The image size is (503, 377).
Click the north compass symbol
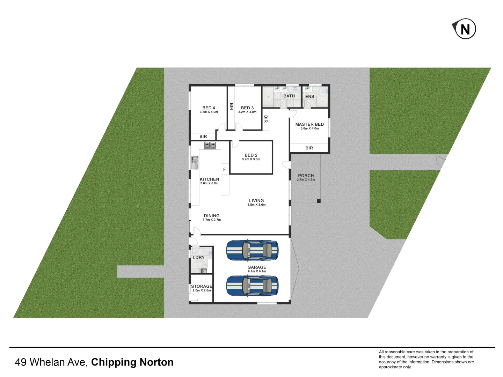click(465, 29)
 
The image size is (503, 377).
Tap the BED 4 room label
click(209, 108)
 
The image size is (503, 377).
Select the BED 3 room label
click(247, 108)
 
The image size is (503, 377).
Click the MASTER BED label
click(309, 124)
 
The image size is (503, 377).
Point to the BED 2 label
click(251, 155)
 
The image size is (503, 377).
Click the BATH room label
click(289, 96)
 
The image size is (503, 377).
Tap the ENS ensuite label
click(309, 97)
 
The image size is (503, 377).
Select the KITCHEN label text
click(209, 179)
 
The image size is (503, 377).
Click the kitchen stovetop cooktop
click(210, 145)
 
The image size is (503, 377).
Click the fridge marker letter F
click(224, 169)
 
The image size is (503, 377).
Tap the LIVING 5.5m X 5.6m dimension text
click(256, 205)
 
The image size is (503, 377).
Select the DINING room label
click(212, 216)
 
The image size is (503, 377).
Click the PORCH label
click(306, 176)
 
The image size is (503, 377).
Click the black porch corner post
click(319, 201)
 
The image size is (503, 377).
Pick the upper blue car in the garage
click(252, 250)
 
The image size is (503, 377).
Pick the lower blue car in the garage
click(252, 286)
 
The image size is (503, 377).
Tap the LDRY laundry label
click(199, 258)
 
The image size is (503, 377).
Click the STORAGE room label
click(202, 286)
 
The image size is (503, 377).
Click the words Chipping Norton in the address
click(132, 362)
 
